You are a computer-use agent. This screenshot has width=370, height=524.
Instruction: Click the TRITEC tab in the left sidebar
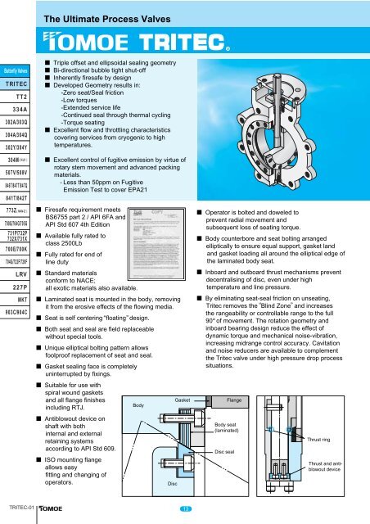coord(18,84)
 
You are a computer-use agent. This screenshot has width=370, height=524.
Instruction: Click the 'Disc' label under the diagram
coord(174,483)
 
